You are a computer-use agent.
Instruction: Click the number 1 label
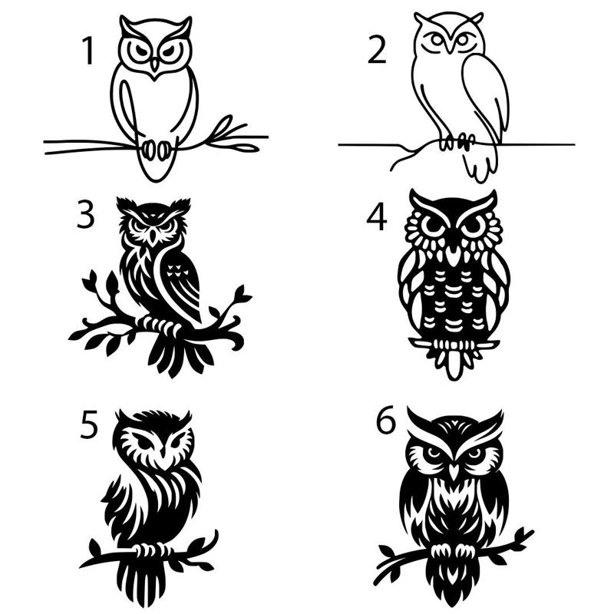click(x=89, y=51)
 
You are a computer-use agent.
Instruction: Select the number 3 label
click(x=86, y=216)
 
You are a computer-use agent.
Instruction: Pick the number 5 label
click(x=89, y=424)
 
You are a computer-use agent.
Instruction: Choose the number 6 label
click(x=385, y=421)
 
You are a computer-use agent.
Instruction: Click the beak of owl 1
click(x=154, y=68)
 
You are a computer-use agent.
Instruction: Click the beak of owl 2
click(x=448, y=47)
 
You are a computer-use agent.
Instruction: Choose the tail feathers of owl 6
click(x=454, y=583)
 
